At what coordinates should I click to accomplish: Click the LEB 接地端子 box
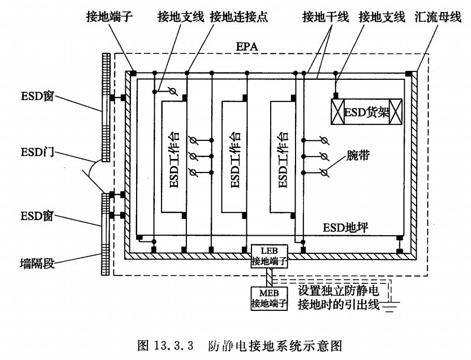coord(270,256)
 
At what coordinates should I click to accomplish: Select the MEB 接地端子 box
coord(269,298)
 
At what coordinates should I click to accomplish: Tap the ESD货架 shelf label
coord(366,112)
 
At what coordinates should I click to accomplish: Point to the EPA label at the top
coord(247,47)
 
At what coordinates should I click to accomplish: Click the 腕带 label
coord(358,155)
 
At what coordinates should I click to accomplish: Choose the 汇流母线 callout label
coord(438,17)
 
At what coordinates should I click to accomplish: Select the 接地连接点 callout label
coord(239,17)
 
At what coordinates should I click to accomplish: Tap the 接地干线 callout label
coord(326,17)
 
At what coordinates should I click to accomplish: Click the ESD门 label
coord(38,152)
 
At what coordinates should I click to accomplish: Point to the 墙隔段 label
coord(37,263)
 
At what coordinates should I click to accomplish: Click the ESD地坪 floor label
coord(345,227)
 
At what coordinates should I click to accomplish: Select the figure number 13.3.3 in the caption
coord(174,345)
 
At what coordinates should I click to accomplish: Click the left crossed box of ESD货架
coord(337,111)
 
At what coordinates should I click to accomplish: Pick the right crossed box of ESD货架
coord(395,111)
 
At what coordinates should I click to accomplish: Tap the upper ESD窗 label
coord(37,96)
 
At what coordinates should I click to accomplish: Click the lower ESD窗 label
coord(37,216)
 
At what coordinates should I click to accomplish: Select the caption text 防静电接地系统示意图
coord(275,345)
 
